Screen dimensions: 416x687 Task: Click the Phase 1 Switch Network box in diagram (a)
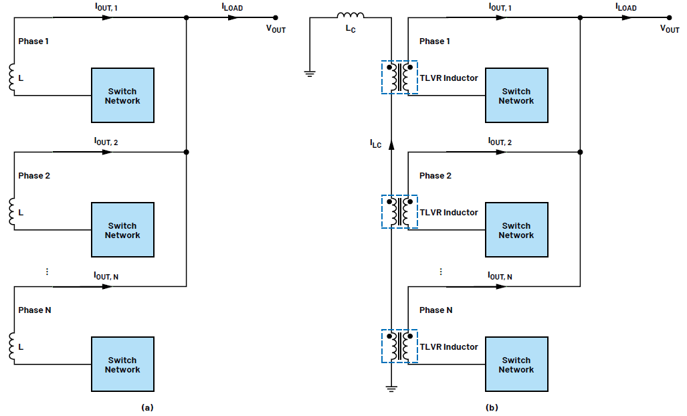pyautogui.click(x=122, y=96)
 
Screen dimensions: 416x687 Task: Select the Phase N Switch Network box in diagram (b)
pyautogui.click(x=516, y=365)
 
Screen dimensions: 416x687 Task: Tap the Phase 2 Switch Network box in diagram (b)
pyautogui.click(x=516, y=230)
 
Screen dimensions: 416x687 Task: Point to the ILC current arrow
pyautogui.click(x=391, y=142)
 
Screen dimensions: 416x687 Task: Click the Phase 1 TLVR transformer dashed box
pyautogui.click(x=399, y=78)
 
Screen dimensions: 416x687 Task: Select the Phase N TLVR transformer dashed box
pyautogui.click(x=399, y=346)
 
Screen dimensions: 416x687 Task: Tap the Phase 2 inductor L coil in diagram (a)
pyautogui.click(x=12, y=212)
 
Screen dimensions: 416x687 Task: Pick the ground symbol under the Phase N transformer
pyautogui.click(x=391, y=387)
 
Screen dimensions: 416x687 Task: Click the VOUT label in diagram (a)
pyautogui.click(x=276, y=29)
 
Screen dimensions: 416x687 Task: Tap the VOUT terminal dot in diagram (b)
pyautogui.click(x=668, y=18)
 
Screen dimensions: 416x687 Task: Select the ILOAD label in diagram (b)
pyautogui.click(x=625, y=7)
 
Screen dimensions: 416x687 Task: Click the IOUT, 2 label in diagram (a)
pyautogui.click(x=106, y=142)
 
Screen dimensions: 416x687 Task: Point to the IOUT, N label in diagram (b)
pyautogui.click(x=500, y=276)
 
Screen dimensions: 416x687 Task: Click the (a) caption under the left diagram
pyautogui.click(x=146, y=407)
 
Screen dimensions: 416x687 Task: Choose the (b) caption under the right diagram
pyautogui.click(x=492, y=407)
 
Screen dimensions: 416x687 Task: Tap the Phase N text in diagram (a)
pyautogui.click(x=34, y=310)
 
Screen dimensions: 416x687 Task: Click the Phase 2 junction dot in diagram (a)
pyautogui.click(x=186, y=152)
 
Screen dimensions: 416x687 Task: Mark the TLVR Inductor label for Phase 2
pyautogui.click(x=449, y=212)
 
